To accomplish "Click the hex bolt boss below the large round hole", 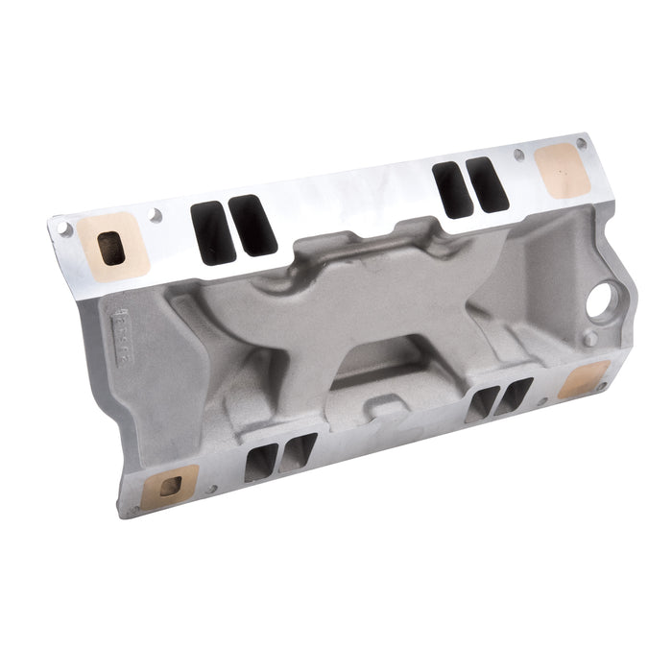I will coord(589,339).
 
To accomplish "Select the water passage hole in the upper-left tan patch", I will coord(111,248).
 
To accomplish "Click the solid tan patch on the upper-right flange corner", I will coord(561,171).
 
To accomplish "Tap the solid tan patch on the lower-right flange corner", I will coord(584,379).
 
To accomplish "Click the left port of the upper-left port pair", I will coord(213,234).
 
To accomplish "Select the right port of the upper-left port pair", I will coord(252,226).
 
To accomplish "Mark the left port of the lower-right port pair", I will coord(482,405).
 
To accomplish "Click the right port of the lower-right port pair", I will coord(513,396).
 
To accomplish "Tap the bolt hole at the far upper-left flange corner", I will coord(64,229).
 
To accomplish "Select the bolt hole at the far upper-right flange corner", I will coord(582,143).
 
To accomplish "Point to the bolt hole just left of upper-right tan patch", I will coord(519,155).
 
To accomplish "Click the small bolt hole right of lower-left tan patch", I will coord(210,489).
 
